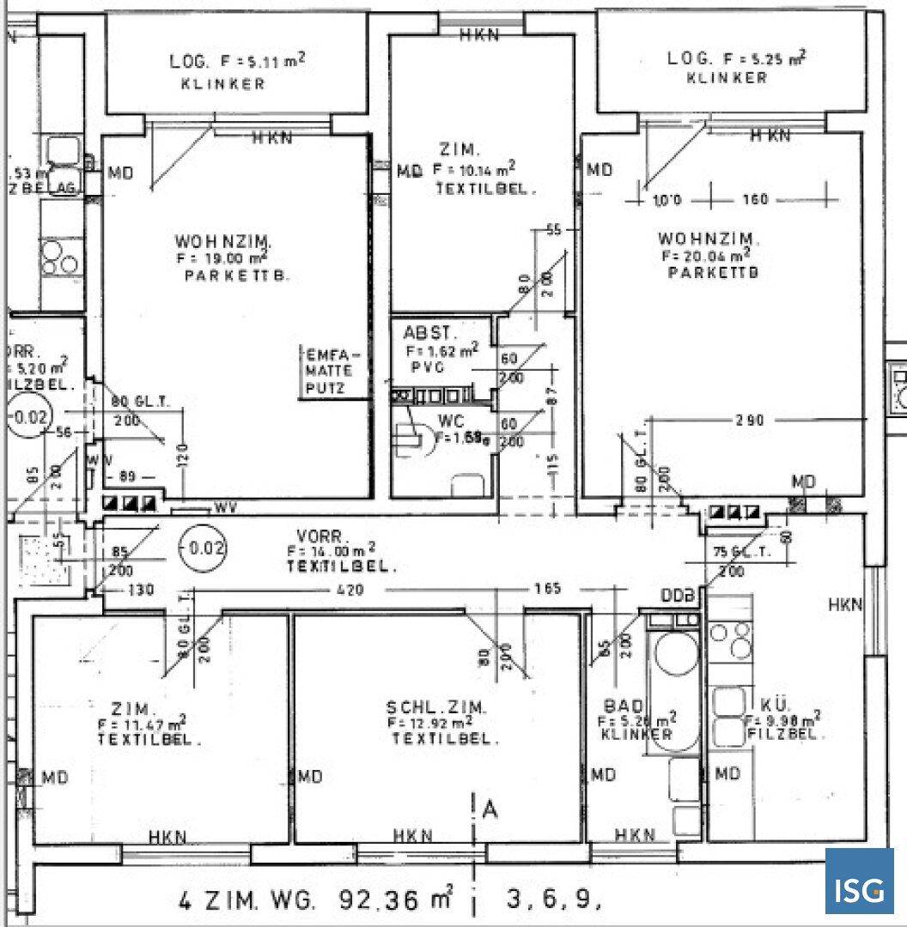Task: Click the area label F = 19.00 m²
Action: pos(222,257)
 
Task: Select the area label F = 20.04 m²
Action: pos(706,255)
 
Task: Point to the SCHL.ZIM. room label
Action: pos(436,708)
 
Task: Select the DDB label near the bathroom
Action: pos(679,596)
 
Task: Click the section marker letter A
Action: pos(490,808)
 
